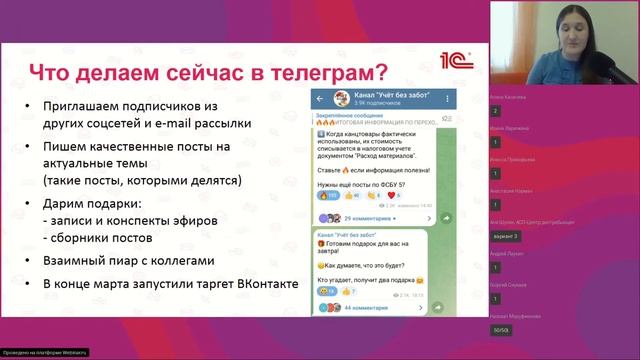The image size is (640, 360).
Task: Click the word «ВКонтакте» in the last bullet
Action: [262, 284]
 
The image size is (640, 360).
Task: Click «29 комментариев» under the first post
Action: [369, 217]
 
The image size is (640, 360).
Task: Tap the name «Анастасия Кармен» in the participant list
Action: [510, 189]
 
